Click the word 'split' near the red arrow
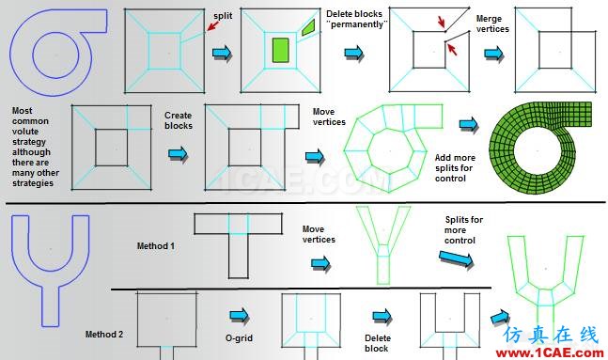(x=223, y=16)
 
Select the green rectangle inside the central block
(x=280, y=50)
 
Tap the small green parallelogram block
(x=308, y=27)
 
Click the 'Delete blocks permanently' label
(x=356, y=19)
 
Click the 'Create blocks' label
(x=179, y=120)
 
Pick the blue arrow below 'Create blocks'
(x=178, y=154)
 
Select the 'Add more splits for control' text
(x=455, y=168)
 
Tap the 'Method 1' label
(x=155, y=246)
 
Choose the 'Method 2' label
(x=104, y=334)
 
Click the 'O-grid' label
(x=239, y=338)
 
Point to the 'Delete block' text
(x=377, y=343)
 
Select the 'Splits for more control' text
(x=463, y=230)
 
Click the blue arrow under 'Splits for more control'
(x=457, y=258)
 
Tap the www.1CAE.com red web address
(x=550, y=353)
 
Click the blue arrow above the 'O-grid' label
(x=239, y=315)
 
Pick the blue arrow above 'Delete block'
(x=382, y=316)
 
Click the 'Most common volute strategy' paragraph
(x=36, y=147)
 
